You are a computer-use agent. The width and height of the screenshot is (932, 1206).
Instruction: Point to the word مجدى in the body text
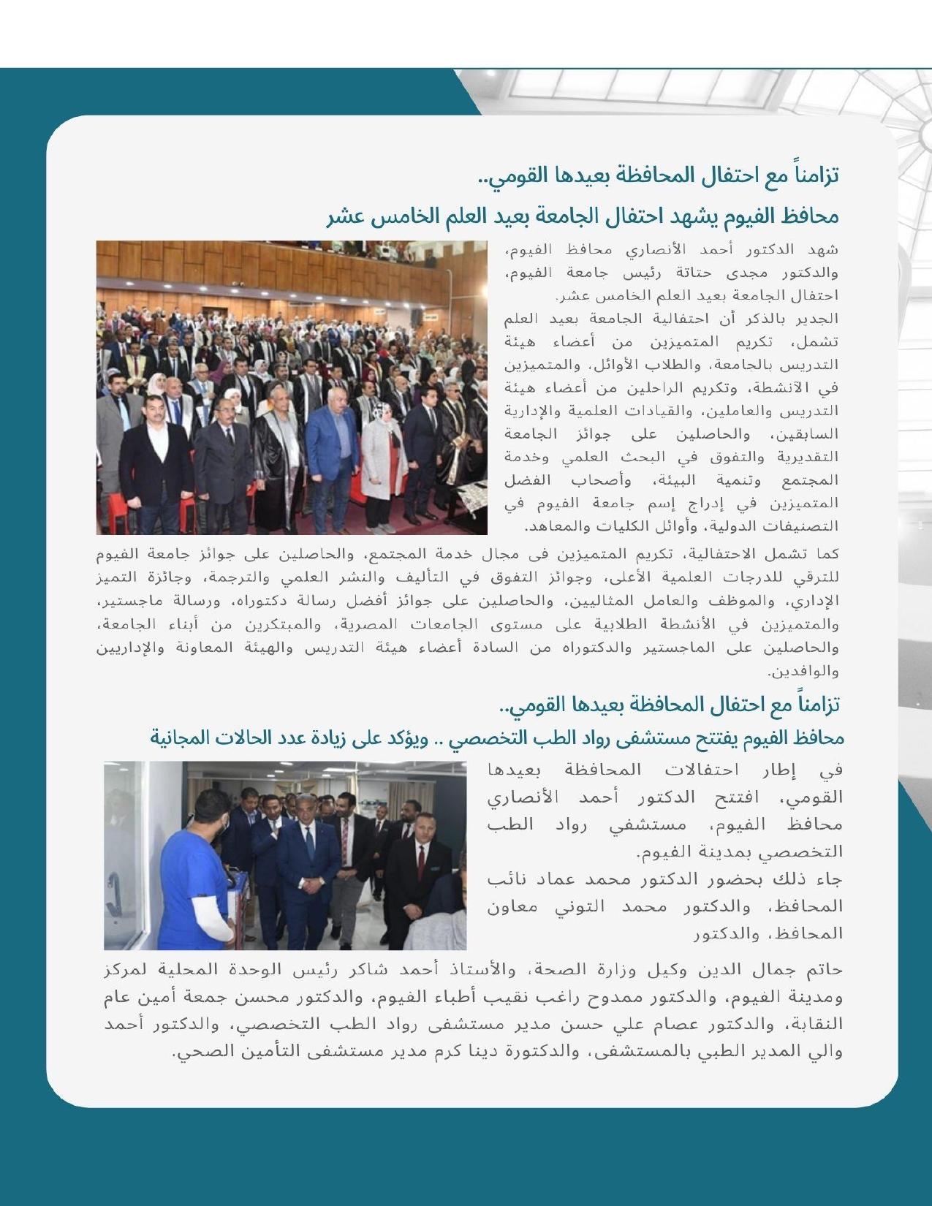point(749,273)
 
